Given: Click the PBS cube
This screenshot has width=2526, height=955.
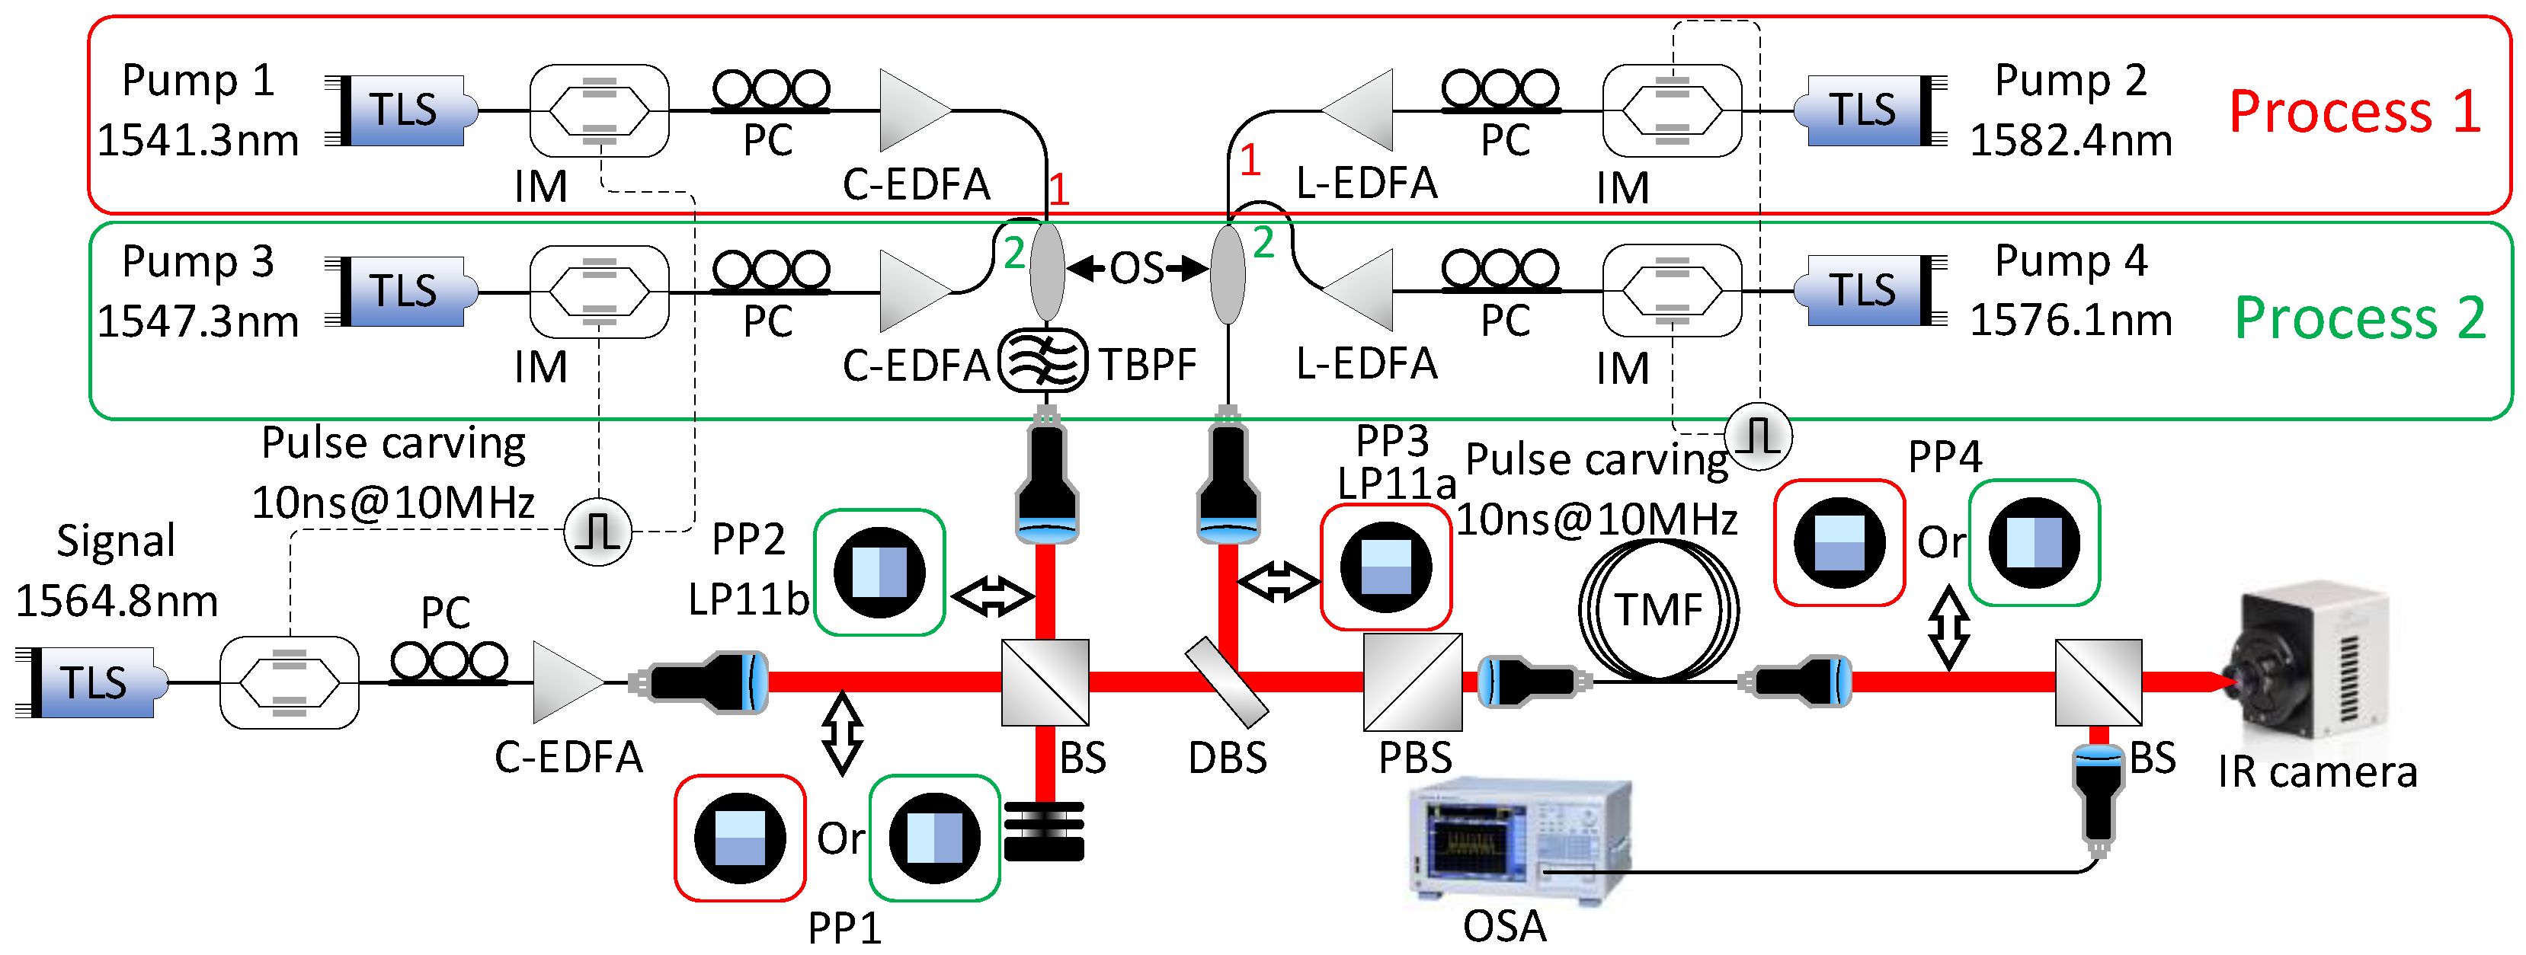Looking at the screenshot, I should (x=1412, y=682).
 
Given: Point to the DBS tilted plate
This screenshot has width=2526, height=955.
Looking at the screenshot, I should (x=1226, y=682).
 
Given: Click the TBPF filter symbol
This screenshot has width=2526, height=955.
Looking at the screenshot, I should (x=1042, y=361).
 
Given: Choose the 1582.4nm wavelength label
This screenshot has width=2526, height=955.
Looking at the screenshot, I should (x=2070, y=140).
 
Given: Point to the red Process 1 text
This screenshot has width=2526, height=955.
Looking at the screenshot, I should (x=2355, y=110).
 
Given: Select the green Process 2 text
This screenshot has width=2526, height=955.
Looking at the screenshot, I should (x=2359, y=318).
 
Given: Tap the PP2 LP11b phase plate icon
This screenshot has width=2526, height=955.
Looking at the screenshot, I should (x=879, y=573).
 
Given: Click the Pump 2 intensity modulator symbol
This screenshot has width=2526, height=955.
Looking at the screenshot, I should (x=1671, y=110).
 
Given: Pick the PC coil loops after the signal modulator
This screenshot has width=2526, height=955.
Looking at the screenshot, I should (x=448, y=663).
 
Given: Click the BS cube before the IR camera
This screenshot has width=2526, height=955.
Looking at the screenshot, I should (x=2098, y=682).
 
